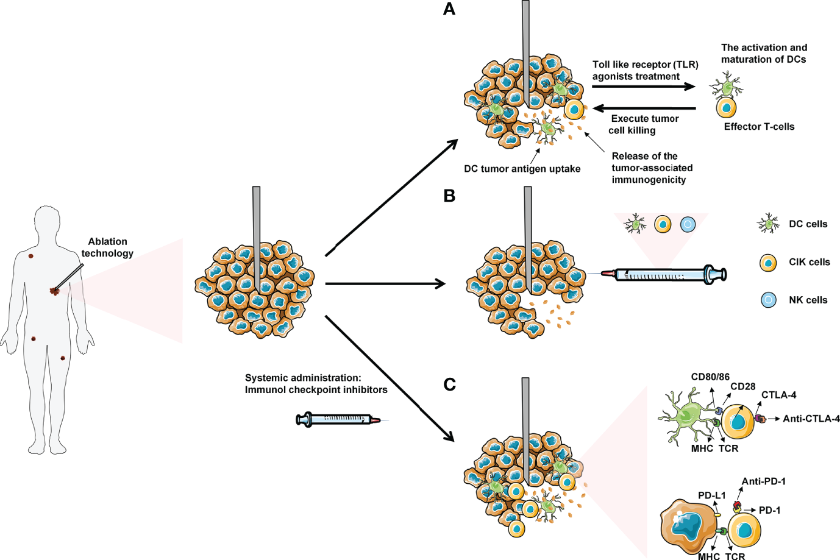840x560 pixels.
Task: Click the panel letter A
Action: pos(449,9)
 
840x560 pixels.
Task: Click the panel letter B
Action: pos(449,196)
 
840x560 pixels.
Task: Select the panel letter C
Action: pos(449,385)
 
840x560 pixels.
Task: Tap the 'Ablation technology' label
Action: pos(107,247)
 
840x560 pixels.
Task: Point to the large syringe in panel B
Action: pos(664,274)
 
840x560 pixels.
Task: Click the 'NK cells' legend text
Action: pos(808,300)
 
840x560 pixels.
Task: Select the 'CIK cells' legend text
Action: pos(809,262)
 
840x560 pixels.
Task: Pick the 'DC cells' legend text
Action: pos(808,224)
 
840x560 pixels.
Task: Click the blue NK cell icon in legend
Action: pos(769,300)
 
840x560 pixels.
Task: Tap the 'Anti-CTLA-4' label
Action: pos(811,419)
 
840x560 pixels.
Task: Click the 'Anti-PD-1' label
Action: pos(763,481)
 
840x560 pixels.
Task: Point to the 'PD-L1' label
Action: pos(711,495)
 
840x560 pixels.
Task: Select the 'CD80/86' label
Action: pos(710,377)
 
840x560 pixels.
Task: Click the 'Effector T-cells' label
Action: pos(759,127)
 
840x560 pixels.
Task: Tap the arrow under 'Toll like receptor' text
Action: pos(643,87)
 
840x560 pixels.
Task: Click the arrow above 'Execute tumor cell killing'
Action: pos(645,108)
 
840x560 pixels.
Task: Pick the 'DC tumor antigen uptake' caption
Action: pos(522,169)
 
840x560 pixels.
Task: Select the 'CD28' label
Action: pos(742,386)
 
